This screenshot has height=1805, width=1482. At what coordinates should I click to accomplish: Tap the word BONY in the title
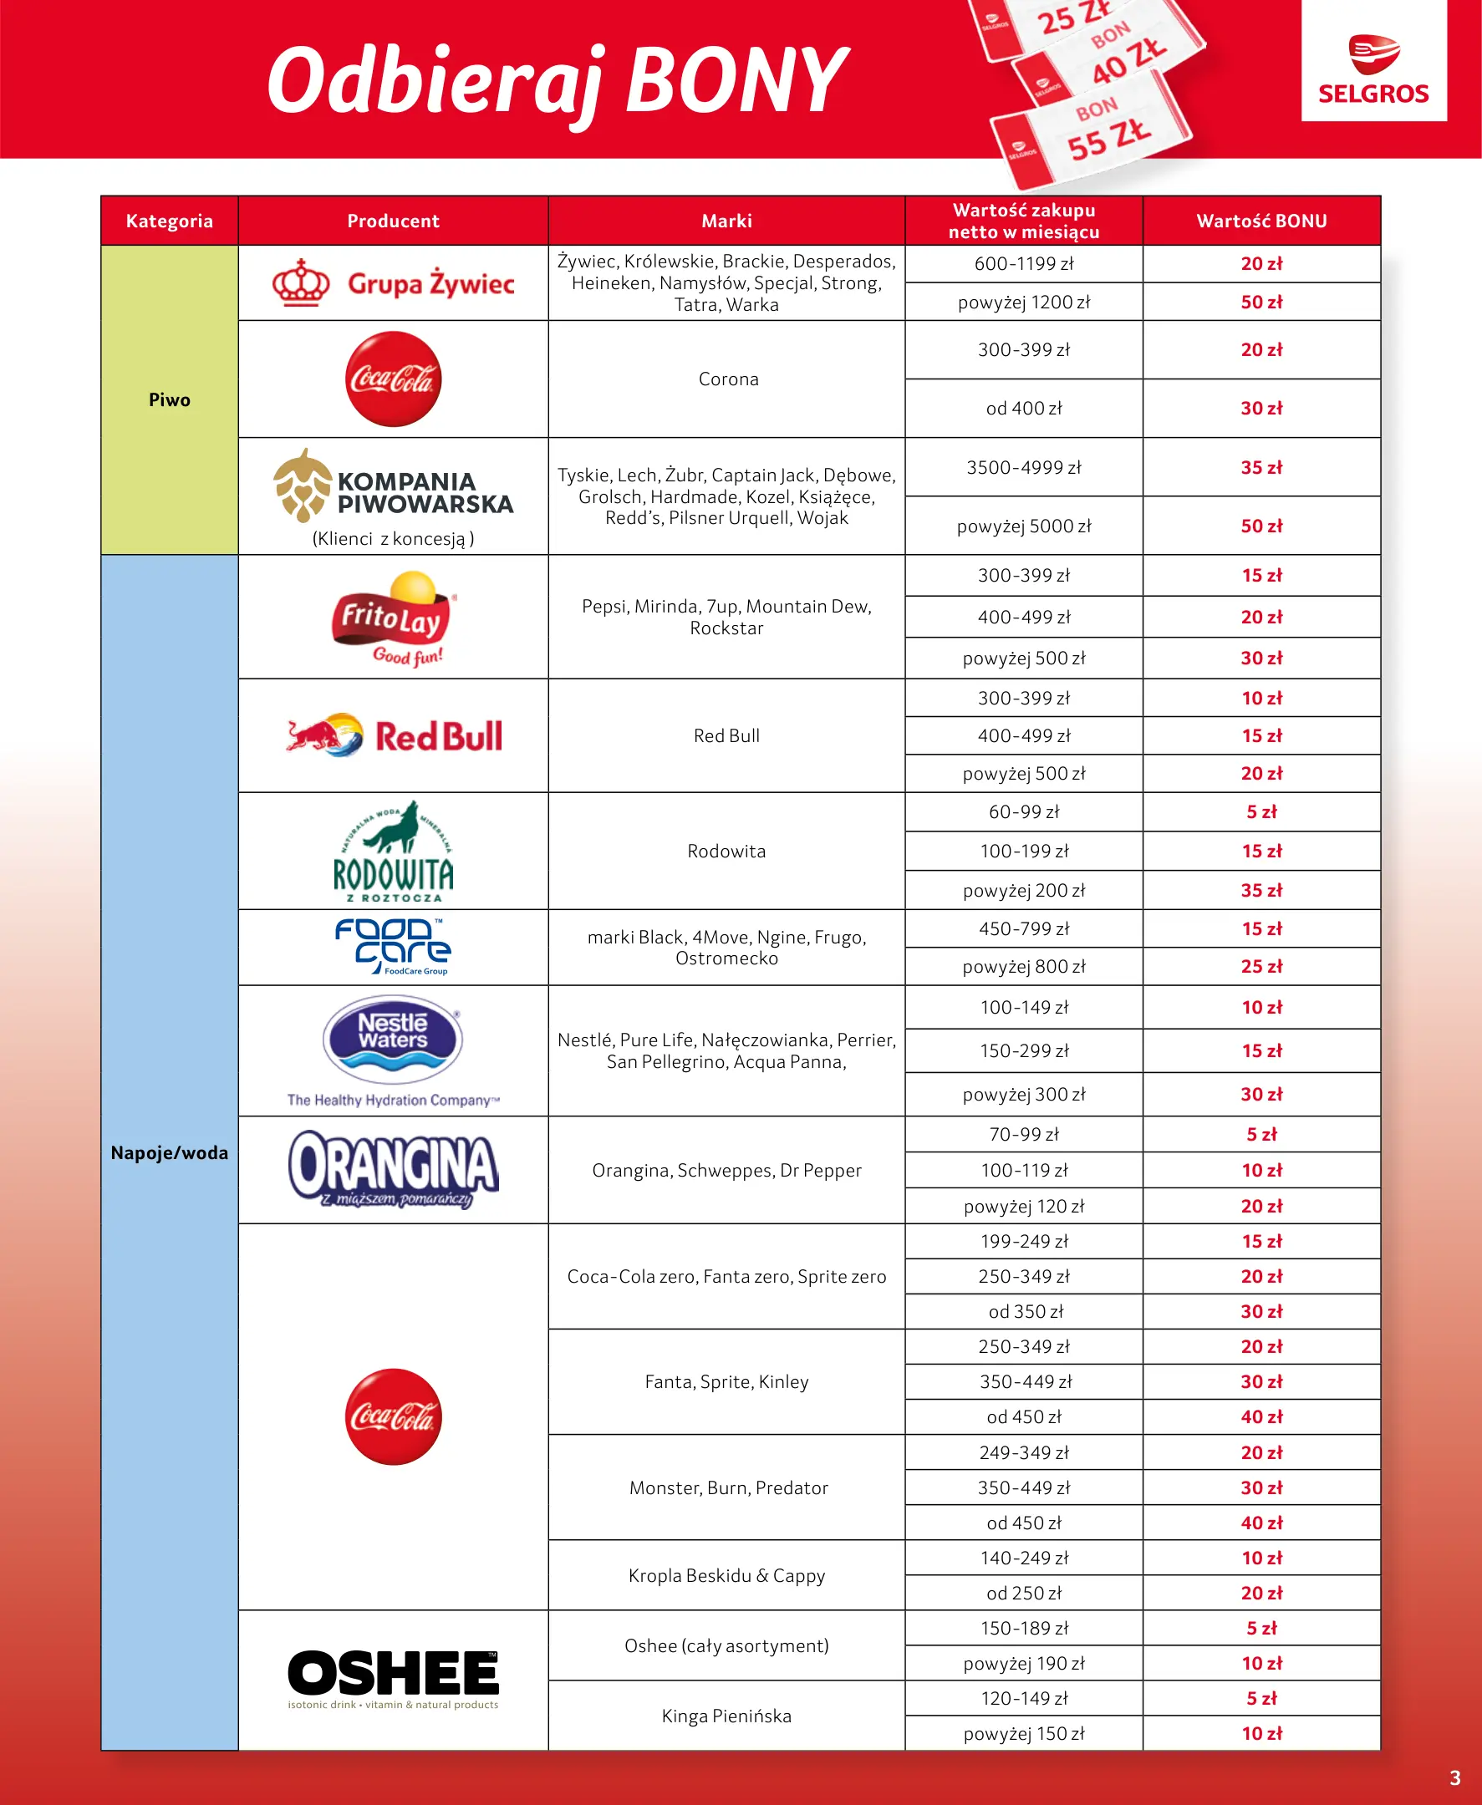coord(736,81)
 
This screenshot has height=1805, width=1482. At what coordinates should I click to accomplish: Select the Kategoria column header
coord(169,221)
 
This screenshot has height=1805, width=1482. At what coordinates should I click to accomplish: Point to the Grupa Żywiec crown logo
coord(302,282)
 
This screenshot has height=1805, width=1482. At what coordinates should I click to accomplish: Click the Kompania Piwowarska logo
coord(394,486)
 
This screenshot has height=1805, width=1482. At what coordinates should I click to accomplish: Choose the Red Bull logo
coord(394,735)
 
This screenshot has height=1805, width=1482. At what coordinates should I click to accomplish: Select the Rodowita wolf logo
coord(394,851)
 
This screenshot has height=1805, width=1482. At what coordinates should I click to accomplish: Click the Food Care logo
coord(394,947)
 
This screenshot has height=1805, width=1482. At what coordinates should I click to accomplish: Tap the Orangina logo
coord(394,1168)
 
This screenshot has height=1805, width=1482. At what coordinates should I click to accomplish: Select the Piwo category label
coord(169,400)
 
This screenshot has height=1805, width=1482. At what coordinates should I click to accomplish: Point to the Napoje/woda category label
coord(169,1153)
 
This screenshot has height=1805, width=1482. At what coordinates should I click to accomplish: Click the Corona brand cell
coord(727,379)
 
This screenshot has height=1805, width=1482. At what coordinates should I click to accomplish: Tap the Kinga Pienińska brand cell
coord(726,1716)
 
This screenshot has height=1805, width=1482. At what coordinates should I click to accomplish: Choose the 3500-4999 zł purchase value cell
coord(1024,468)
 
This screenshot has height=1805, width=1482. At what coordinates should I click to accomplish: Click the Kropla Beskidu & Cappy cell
coord(726,1575)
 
